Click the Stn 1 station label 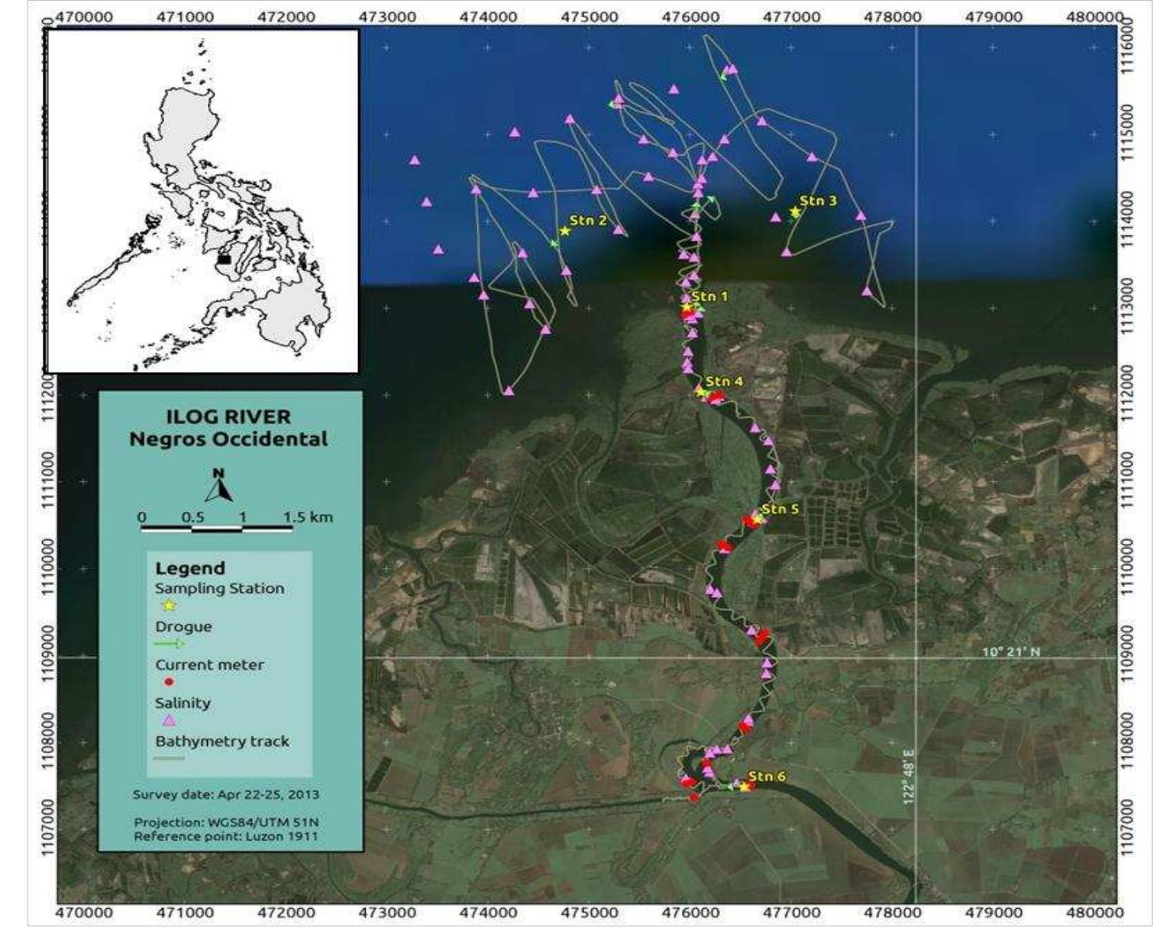(709, 296)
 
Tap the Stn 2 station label (588, 221)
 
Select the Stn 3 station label (818, 201)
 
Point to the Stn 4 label (723, 381)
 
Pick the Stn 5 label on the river (780, 509)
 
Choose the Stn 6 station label (766, 776)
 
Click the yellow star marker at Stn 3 (794, 212)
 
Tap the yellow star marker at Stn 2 (564, 231)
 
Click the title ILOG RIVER (228, 417)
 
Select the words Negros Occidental (228, 439)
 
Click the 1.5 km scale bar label (308, 517)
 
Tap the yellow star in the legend (169, 606)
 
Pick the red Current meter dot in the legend (169, 682)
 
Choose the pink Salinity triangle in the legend (169, 720)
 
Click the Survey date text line (226, 794)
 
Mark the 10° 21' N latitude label (1010, 652)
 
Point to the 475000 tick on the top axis (588, 16)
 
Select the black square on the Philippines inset (223, 259)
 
